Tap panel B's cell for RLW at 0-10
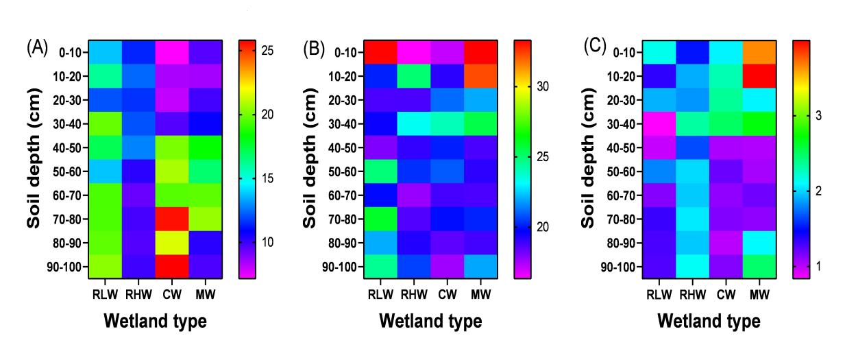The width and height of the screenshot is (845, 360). [x=380, y=51]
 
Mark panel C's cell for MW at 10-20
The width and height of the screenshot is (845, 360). [x=759, y=75]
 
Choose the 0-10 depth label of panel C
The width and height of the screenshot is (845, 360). [x=626, y=52]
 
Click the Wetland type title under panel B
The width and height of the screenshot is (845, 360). [x=431, y=321]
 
